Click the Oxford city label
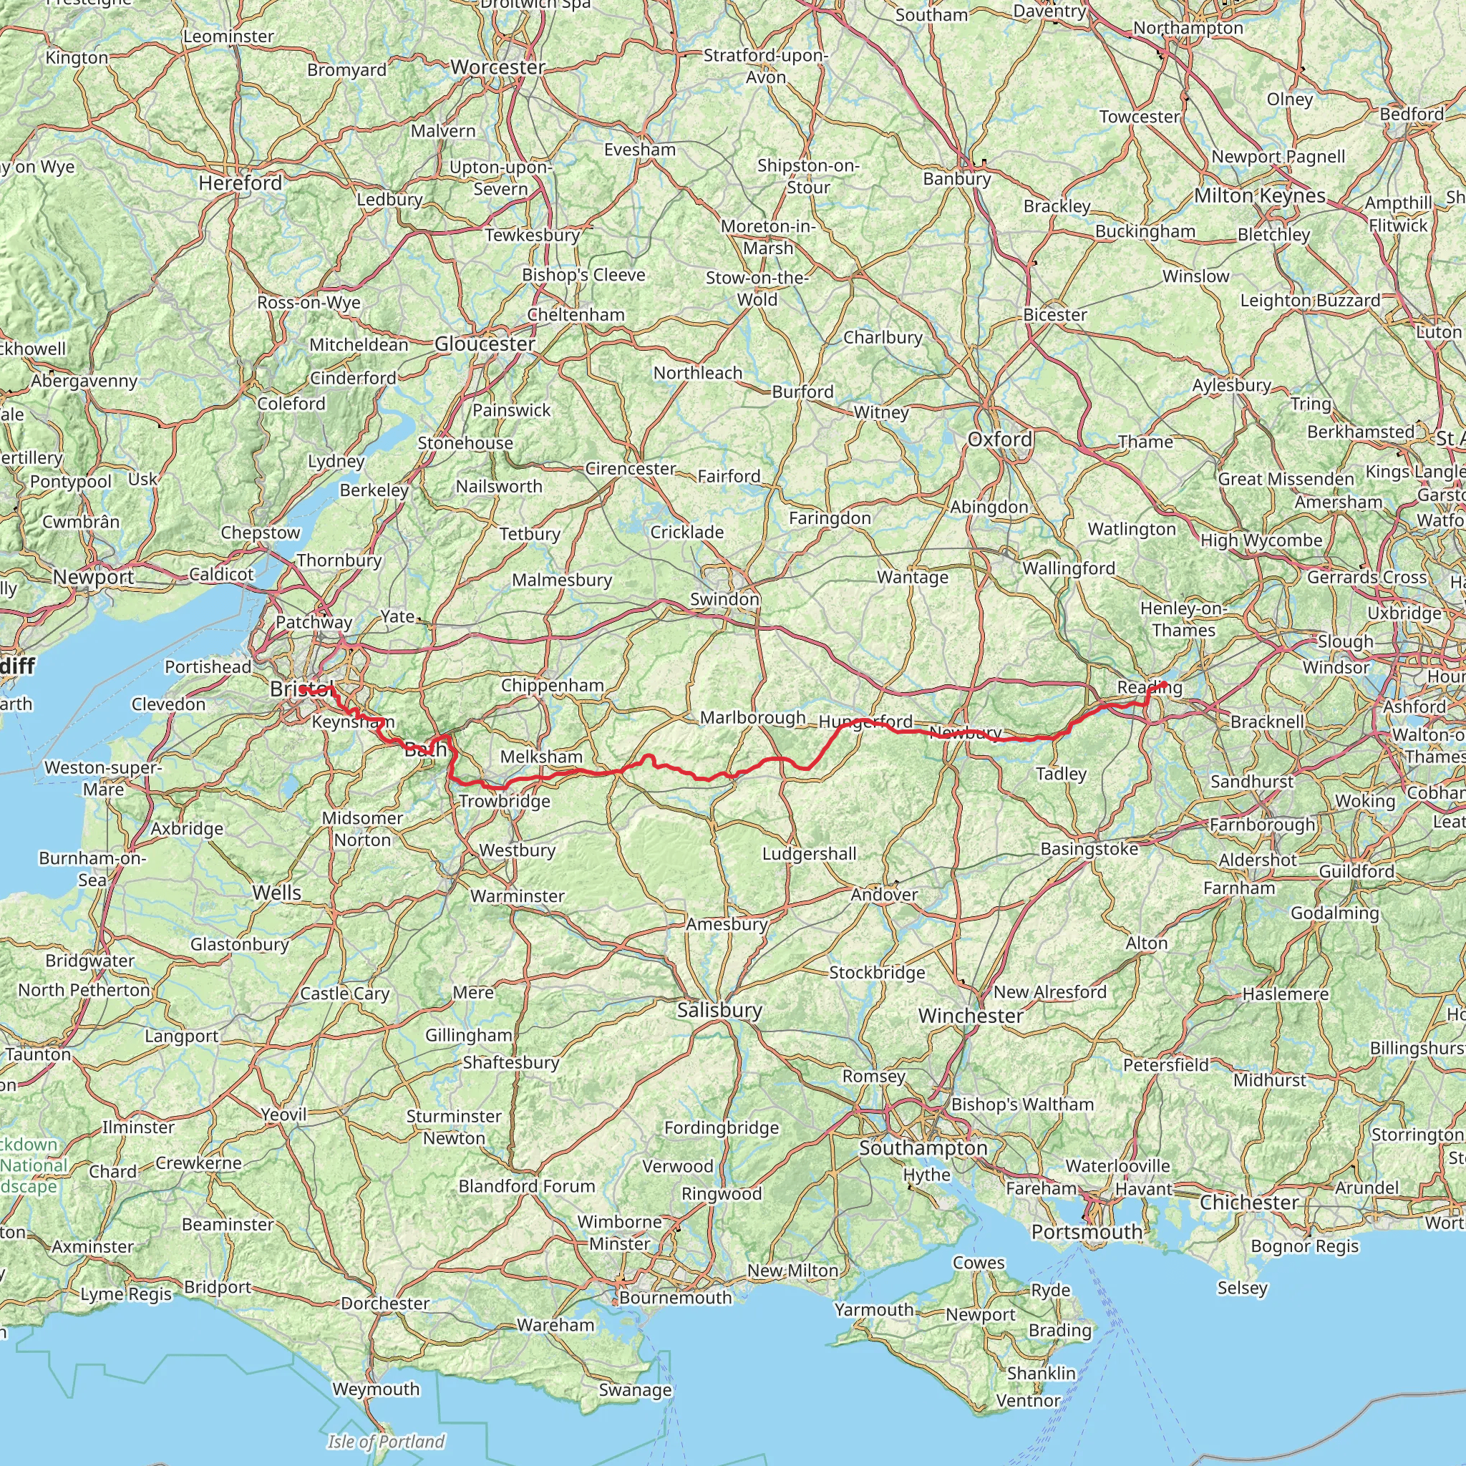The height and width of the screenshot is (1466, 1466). click(999, 440)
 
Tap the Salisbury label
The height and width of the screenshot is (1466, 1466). click(719, 1010)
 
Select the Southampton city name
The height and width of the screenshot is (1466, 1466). click(923, 1148)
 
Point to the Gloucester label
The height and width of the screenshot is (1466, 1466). click(485, 344)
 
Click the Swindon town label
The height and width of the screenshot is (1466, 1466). click(724, 599)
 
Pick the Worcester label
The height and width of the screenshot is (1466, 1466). click(497, 67)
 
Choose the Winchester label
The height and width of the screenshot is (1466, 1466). click(971, 1015)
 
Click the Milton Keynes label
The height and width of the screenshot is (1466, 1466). click(1260, 195)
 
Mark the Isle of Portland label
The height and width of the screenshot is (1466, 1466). click(387, 1441)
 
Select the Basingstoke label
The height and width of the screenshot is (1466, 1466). click(1089, 848)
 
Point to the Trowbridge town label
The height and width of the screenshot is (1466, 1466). click(505, 801)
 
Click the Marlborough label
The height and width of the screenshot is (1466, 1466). click(753, 718)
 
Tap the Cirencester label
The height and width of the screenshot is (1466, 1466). click(630, 469)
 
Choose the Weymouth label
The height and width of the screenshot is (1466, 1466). click(376, 1389)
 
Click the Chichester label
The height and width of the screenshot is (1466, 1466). click(1249, 1203)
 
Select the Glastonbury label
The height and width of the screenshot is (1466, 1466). click(240, 944)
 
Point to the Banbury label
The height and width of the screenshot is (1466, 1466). click(957, 179)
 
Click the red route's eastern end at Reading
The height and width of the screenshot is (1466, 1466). click(1164, 684)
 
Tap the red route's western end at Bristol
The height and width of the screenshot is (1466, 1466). click(302, 688)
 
